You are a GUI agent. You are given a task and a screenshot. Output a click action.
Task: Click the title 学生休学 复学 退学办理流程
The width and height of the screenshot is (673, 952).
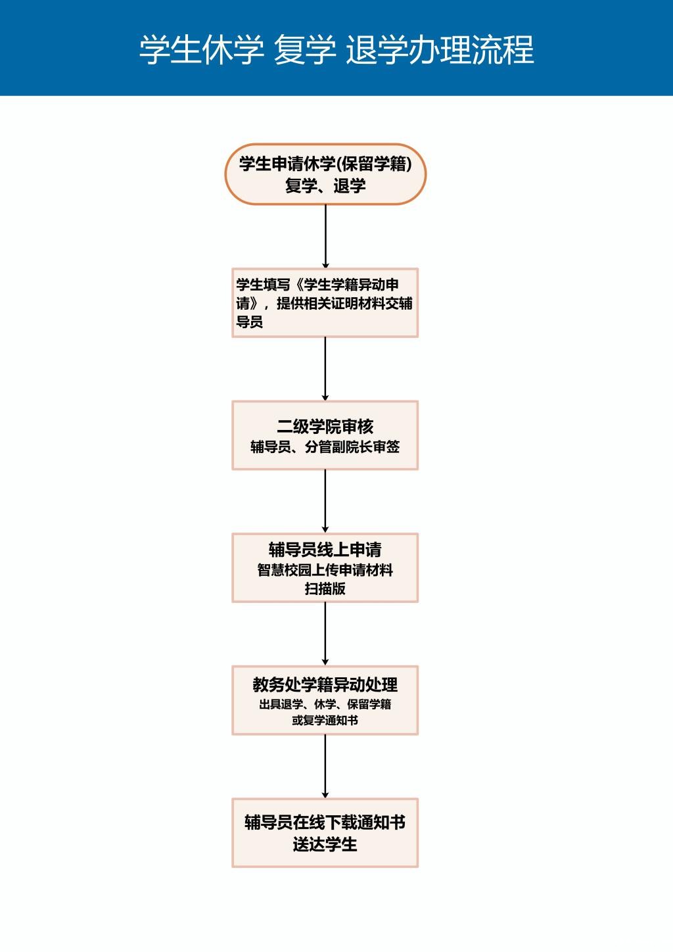[336, 51]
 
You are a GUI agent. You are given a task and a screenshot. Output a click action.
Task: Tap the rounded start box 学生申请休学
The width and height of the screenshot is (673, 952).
[325, 174]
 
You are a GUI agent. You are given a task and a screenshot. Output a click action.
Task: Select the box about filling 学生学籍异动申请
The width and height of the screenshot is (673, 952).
[325, 302]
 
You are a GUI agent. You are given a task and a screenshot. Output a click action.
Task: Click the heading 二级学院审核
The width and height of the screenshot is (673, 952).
[325, 426]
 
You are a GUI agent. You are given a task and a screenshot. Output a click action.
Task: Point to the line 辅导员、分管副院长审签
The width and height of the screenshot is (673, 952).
[325, 446]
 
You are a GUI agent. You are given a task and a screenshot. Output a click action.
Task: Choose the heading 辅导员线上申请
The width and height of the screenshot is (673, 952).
[325, 550]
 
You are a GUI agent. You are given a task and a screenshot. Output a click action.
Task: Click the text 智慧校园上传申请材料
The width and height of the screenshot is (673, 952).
[325, 570]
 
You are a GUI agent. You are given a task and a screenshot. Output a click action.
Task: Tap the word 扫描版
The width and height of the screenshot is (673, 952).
[325, 588]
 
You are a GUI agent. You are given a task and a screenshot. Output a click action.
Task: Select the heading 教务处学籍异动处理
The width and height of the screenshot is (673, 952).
[325, 684]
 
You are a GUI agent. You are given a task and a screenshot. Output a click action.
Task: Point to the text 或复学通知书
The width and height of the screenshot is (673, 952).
[325, 720]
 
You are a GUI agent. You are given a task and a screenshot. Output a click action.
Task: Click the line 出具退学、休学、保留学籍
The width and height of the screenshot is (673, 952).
[325, 704]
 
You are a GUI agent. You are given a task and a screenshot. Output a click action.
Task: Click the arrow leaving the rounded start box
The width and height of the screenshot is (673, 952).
[325, 237]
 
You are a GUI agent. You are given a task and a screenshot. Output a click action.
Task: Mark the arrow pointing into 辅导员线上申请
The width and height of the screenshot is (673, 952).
[325, 502]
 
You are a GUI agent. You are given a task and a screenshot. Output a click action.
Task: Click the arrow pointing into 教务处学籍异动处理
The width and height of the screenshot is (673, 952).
[325, 634]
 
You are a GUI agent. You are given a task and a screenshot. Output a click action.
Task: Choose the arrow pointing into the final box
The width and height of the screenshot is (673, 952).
[325, 767]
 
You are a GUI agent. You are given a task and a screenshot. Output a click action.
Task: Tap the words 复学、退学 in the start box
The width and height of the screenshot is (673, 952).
[325, 185]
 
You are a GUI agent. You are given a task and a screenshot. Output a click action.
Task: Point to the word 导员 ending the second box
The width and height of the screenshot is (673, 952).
[249, 321]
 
